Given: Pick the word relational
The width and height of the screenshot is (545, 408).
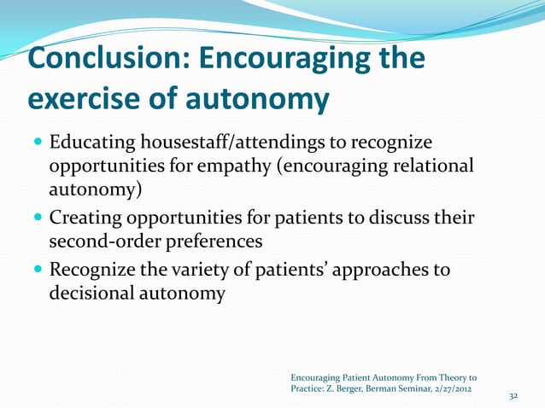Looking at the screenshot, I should pyautogui.click(x=424, y=163).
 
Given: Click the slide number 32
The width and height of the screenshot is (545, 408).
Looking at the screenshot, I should pyautogui.click(x=513, y=397).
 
